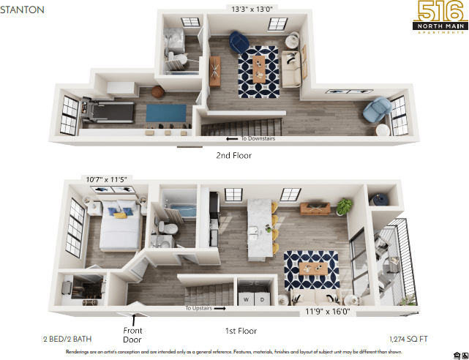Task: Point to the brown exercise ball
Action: pos(157,93)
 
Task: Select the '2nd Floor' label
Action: pos(233,155)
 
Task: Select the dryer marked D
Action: pos(262,299)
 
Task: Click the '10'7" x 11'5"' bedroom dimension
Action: pos(107,179)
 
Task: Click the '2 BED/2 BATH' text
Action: pos(66,339)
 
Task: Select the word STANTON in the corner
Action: pos(23,10)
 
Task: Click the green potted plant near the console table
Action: pos(343,206)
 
